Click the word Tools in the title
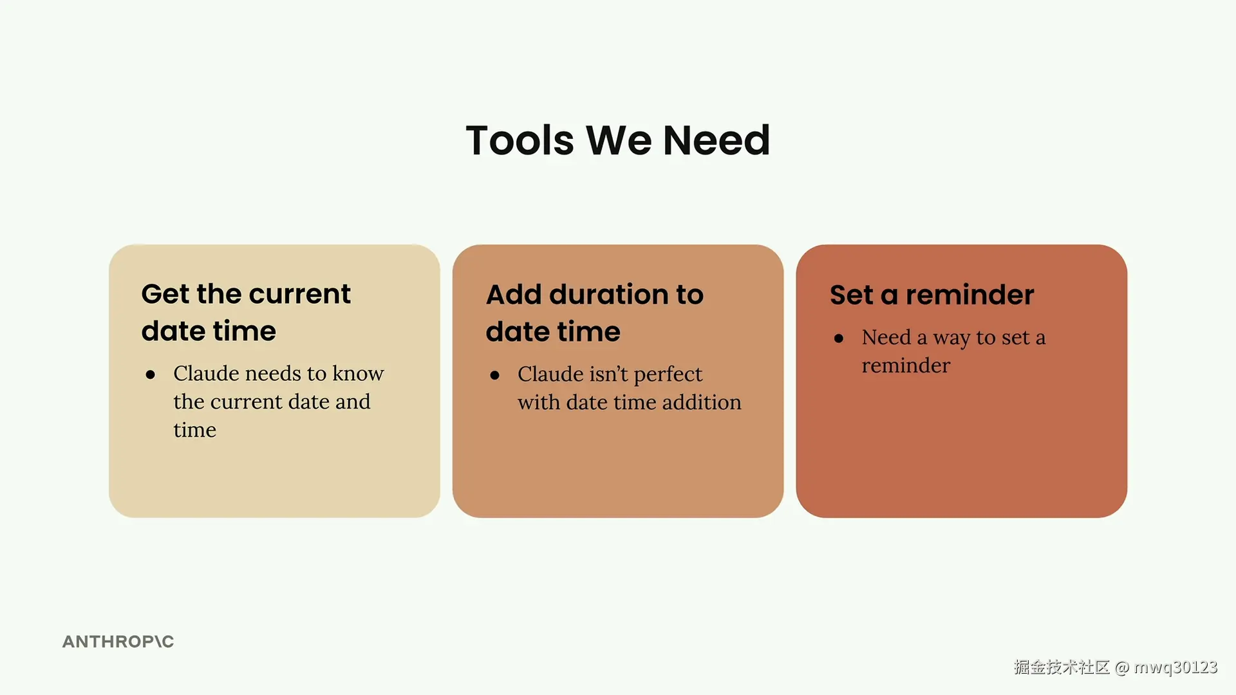pos(520,140)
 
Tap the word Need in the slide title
pos(716,140)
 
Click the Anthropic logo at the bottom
pos(118,642)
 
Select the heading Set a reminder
pos(932,295)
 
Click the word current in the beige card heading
pos(299,295)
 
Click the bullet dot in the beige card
pos(151,375)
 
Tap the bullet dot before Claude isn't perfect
pos(494,375)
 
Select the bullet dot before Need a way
pos(839,338)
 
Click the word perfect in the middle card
pos(668,375)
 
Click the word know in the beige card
pos(358,373)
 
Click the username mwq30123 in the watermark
pos(1175,667)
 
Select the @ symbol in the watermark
pos(1122,667)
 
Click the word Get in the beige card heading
pos(165,295)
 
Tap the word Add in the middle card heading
pos(514,295)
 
